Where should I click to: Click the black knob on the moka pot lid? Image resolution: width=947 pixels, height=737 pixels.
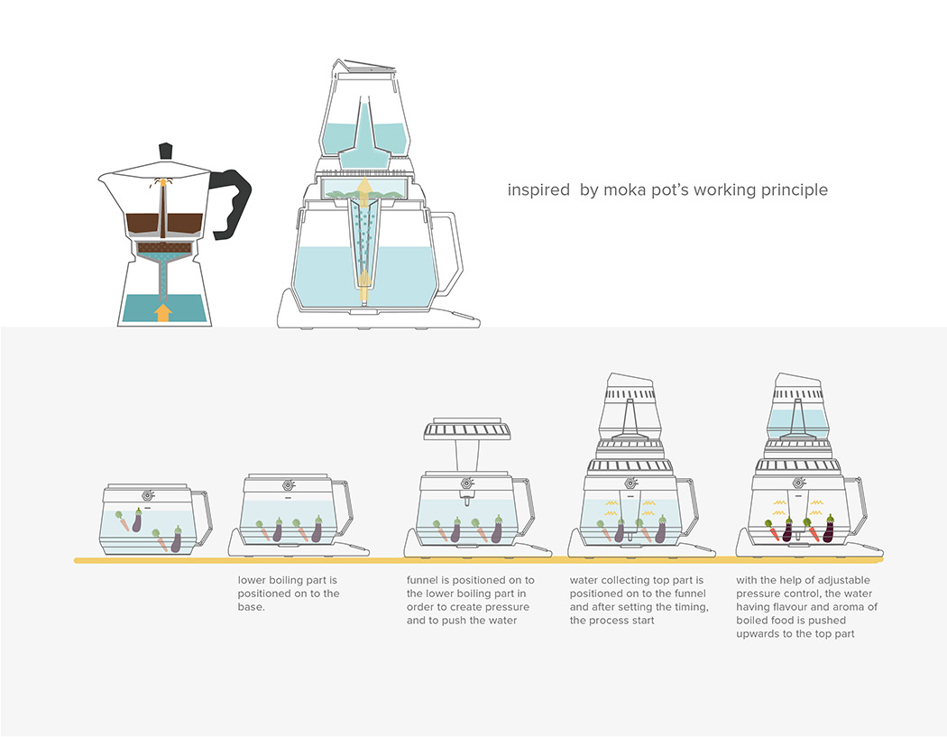(165, 151)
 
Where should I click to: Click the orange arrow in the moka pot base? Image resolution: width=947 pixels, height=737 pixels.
(163, 312)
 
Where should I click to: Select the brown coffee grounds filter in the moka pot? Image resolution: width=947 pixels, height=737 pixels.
(165, 248)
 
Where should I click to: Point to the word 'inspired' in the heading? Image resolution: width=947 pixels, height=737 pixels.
(538, 190)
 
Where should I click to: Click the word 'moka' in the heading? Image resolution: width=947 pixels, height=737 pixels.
(628, 190)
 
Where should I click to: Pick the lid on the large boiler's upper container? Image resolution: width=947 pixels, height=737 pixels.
(365, 69)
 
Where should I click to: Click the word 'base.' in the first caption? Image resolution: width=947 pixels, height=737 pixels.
(252, 607)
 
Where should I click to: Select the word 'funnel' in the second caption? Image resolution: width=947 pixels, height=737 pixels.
(422, 580)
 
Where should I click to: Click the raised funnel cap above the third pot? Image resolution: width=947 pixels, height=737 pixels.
(467, 429)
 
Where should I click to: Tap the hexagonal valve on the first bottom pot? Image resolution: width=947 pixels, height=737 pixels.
(147, 495)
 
